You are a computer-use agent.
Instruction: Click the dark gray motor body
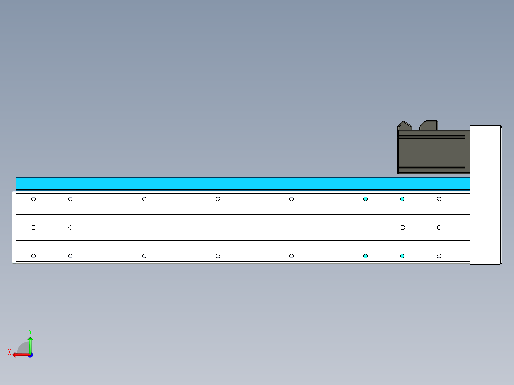point(432,152)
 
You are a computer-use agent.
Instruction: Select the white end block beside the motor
point(485,194)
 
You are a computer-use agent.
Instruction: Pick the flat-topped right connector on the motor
point(429,125)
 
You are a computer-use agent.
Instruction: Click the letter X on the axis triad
point(10,352)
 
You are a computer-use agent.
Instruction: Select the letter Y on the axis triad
point(30,331)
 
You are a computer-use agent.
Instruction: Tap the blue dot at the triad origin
point(30,355)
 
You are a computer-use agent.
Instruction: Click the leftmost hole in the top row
point(33,199)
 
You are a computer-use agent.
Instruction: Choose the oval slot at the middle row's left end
point(33,227)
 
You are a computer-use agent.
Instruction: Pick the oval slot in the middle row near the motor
point(402,227)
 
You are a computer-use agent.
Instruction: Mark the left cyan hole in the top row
point(365,199)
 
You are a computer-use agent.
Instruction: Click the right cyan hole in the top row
point(402,199)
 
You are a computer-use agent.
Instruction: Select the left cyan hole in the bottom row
point(365,256)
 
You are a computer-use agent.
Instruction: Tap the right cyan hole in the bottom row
point(402,256)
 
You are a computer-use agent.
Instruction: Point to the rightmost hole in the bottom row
point(439,256)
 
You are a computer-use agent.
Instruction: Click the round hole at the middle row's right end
point(439,227)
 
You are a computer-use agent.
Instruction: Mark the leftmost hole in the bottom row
point(33,256)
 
